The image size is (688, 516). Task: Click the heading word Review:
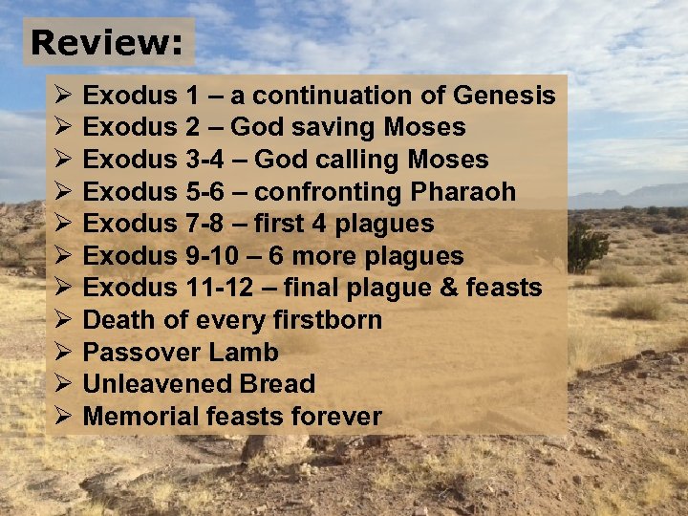pyautogui.click(x=107, y=42)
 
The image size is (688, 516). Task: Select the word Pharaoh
pyautogui.click(x=462, y=192)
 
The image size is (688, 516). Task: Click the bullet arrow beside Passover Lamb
pyautogui.click(x=62, y=353)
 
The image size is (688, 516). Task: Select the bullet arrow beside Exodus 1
pyautogui.click(x=62, y=96)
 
